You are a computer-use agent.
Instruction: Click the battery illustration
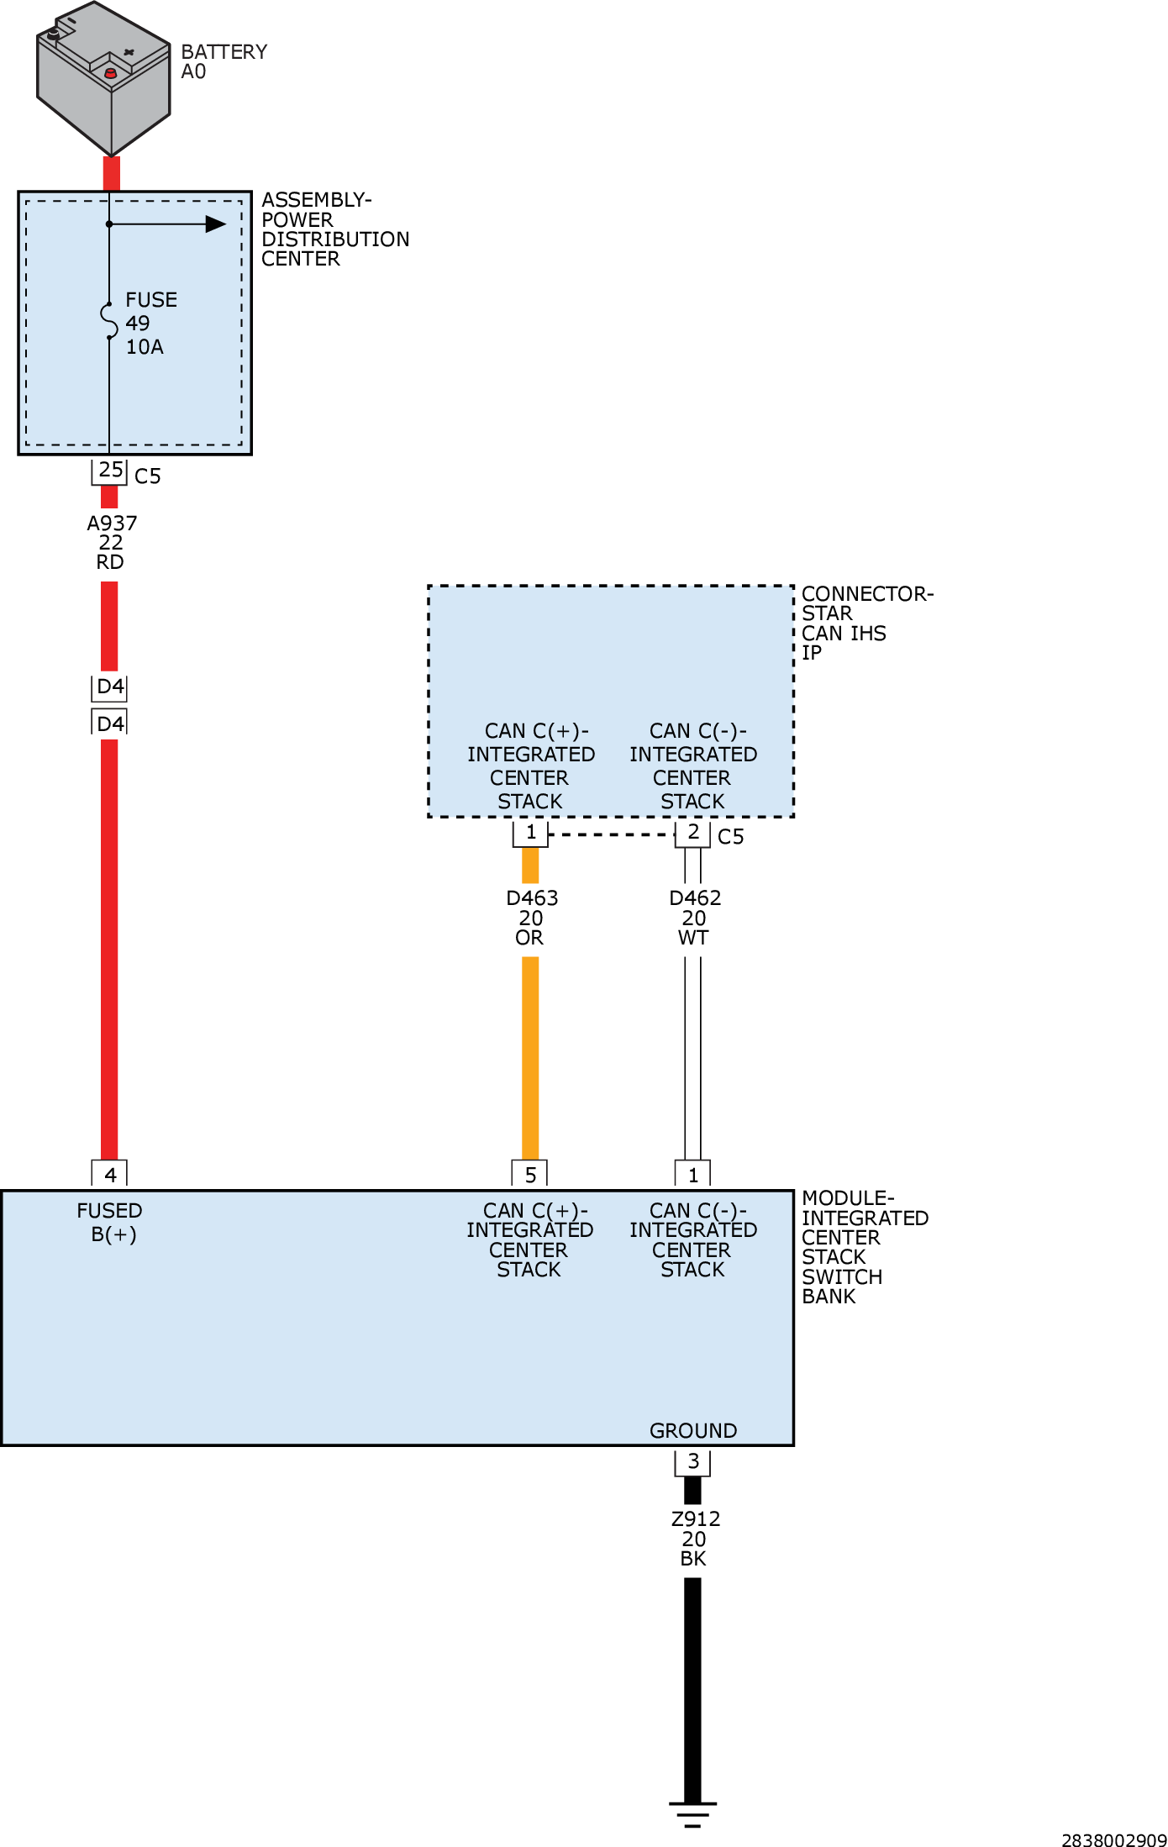[103, 78]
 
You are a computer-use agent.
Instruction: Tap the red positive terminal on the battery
[110, 74]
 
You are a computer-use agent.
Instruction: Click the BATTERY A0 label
[224, 61]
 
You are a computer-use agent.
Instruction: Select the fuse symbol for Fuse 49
[109, 321]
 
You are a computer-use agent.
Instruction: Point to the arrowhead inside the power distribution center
[216, 224]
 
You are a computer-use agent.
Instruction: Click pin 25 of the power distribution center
[110, 471]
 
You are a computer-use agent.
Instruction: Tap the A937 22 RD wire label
[111, 542]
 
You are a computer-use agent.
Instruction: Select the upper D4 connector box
[110, 687]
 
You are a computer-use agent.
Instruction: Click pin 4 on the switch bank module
[110, 1174]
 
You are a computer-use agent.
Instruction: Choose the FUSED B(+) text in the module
[110, 1222]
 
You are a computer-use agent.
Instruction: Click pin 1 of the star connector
[530, 833]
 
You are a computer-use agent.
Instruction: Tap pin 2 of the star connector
[693, 833]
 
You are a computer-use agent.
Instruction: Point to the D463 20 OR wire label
[531, 918]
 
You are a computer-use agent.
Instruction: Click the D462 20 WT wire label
[694, 918]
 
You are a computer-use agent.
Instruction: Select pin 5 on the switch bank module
[530, 1174]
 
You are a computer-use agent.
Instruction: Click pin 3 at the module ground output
[693, 1462]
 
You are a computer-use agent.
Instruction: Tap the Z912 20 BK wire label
[695, 1539]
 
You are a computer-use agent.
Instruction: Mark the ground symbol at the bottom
[693, 1815]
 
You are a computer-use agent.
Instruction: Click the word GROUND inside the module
[693, 1430]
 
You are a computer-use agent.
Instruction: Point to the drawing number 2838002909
[1114, 1839]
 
